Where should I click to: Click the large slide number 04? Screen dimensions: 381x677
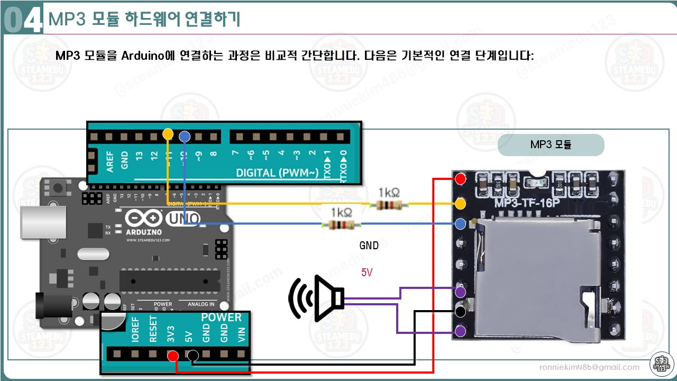pos(22,20)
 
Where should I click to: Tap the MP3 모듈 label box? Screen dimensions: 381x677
pos(551,144)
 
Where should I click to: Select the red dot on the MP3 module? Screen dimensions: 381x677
pos(461,179)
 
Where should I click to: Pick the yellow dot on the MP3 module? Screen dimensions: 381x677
pos(461,203)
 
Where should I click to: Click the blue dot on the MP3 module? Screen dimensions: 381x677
pos(461,224)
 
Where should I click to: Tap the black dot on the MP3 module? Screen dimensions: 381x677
pos(461,311)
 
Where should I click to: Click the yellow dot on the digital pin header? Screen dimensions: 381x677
pos(168,133)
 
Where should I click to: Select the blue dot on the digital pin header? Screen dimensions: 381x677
pos(184,137)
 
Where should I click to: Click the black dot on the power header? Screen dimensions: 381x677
pos(193,355)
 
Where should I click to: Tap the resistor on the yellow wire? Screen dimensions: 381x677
pos(389,204)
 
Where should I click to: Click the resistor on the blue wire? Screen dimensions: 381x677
pos(341,225)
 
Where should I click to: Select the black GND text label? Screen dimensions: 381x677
pos(369,246)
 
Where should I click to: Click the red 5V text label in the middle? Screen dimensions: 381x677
pos(367,273)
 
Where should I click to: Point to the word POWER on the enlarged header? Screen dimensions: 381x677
pos(221,317)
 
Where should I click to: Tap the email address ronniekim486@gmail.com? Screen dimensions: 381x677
pos(589,367)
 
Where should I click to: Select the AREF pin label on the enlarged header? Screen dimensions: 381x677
pos(110,160)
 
